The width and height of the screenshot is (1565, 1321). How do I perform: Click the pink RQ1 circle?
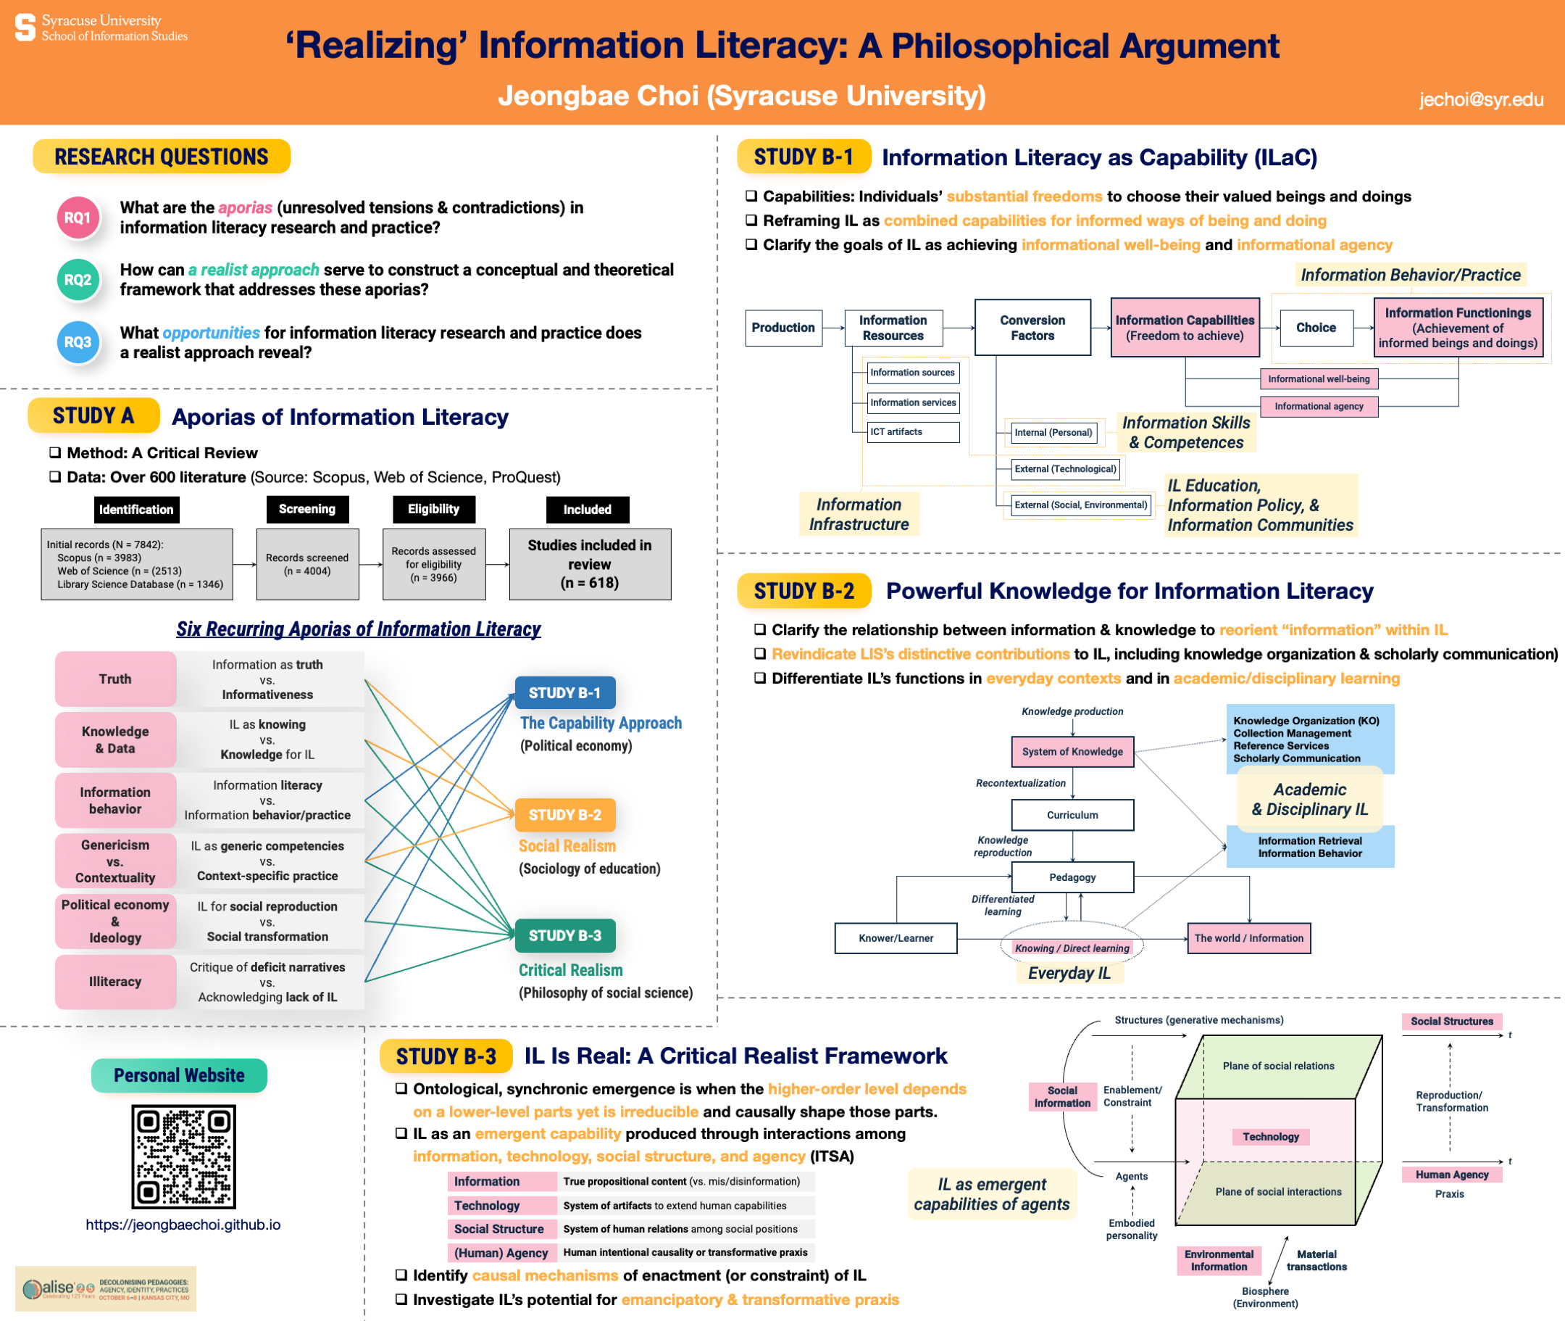click(78, 218)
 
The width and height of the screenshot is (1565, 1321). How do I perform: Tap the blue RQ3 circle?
click(78, 342)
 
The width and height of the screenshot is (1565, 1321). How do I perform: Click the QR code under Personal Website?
click(183, 1156)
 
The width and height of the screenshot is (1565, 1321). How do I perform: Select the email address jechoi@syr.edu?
click(1480, 99)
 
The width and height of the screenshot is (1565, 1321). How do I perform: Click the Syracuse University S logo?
click(25, 27)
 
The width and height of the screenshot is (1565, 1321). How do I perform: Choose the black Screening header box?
click(307, 509)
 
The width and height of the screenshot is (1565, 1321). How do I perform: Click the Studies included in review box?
click(590, 564)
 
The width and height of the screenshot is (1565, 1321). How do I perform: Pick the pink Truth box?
click(115, 679)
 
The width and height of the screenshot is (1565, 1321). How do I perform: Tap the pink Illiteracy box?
click(115, 981)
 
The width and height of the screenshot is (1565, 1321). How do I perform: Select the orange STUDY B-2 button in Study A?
click(565, 815)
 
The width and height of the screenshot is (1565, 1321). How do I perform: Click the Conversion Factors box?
click(1032, 327)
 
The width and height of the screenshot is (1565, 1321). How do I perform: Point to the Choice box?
click(1316, 327)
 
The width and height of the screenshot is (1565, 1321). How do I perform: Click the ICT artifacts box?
click(912, 432)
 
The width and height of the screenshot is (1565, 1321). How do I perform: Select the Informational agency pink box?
click(1319, 406)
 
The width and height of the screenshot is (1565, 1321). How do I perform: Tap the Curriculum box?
click(1072, 815)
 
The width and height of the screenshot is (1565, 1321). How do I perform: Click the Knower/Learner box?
click(895, 937)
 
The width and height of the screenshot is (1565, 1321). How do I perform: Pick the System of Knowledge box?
click(1072, 751)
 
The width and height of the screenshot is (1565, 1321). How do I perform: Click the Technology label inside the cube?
click(1270, 1137)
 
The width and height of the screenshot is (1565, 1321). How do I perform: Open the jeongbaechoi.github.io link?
click(183, 1225)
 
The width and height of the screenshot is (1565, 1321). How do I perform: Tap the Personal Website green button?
click(179, 1075)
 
